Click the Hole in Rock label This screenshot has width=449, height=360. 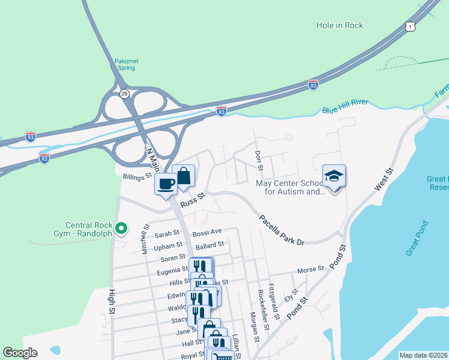click(340, 26)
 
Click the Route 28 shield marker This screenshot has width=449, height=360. click(124, 94)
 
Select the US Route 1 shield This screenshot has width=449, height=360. click(409, 27)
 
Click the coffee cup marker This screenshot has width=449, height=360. click(166, 184)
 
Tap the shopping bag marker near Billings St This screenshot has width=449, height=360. click(184, 175)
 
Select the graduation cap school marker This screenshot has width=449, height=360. click(334, 176)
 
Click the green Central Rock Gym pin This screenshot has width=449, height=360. click(121, 228)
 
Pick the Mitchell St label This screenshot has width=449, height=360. click(145, 239)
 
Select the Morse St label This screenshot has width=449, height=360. click(310, 269)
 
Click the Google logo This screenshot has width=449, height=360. click(20, 353)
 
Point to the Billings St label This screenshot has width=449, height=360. click(136, 178)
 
